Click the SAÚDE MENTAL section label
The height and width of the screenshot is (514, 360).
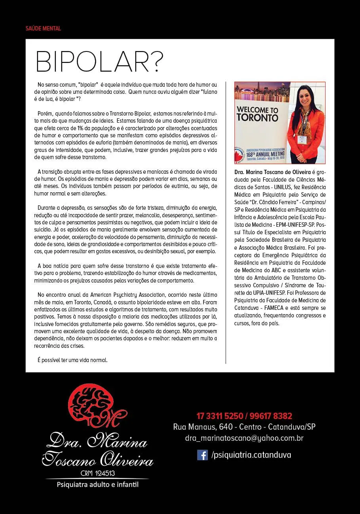tap(43, 28)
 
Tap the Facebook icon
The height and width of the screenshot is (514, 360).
tap(202, 455)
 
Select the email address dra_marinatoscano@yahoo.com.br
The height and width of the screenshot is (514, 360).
tap(244, 438)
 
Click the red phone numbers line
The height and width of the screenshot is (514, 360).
tap(244, 416)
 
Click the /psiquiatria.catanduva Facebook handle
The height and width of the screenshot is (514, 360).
tap(251, 455)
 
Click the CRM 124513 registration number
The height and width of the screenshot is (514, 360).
tap(97, 473)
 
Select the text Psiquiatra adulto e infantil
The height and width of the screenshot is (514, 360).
tap(97, 484)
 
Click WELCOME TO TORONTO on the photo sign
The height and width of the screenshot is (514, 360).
tap(257, 113)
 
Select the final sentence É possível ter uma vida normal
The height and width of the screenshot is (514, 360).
tap(72, 360)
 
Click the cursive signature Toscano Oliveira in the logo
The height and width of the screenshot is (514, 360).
tap(97, 460)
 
